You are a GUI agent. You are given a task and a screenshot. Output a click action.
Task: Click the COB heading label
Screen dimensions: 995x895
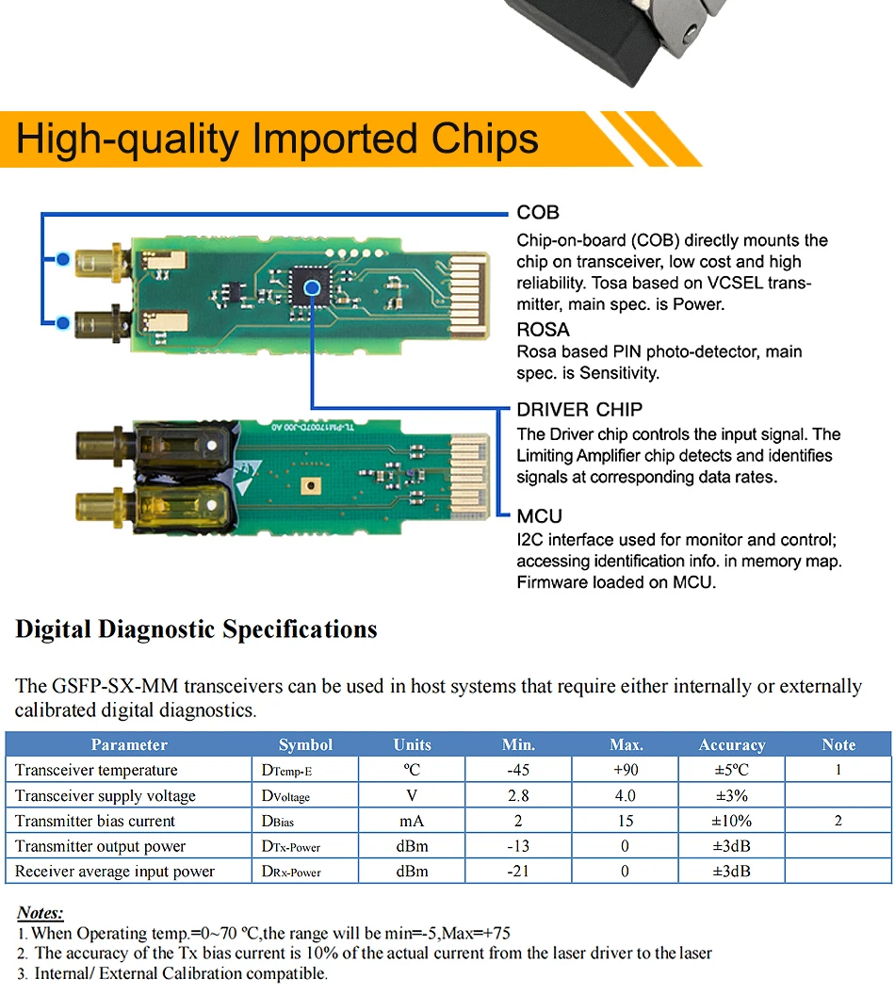click(x=538, y=213)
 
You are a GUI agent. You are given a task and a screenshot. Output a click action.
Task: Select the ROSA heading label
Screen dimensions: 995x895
click(x=543, y=330)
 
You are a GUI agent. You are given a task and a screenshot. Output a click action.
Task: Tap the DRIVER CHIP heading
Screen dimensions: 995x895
click(x=579, y=410)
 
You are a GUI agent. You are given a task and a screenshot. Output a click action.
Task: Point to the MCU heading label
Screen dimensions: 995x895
click(x=539, y=516)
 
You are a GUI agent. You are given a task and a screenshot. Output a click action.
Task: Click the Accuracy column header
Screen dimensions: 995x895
click(x=732, y=744)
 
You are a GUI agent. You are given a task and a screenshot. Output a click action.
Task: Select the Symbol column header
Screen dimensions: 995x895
click(x=305, y=744)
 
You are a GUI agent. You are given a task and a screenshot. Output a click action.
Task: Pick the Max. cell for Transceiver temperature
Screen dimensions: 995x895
click(x=626, y=770)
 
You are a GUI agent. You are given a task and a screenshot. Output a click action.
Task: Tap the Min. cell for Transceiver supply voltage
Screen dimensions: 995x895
click(x=518, y=795)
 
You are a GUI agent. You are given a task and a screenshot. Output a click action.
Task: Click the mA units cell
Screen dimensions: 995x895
click(x=413, y=821)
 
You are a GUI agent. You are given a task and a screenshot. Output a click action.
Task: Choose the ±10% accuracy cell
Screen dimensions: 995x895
click(x=732, y=821)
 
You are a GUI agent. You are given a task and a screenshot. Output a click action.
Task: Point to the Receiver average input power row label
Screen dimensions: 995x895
click(x=115, y=872)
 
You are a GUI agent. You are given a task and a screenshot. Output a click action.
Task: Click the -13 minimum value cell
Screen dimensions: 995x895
click(x=518, y=846)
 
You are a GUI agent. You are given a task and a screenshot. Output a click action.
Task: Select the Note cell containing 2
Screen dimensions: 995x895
click(x=838, y=821)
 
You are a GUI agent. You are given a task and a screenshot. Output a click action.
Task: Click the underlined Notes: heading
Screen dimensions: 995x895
click(x=41, y=912)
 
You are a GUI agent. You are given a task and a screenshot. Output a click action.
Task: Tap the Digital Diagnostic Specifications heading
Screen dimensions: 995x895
click(x=196, y=629)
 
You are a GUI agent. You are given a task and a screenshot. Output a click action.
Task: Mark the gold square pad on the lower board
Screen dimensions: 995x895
click(x=308, y=486)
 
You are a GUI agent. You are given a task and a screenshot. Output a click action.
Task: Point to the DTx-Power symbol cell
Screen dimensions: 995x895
click(x=291, y=847)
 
